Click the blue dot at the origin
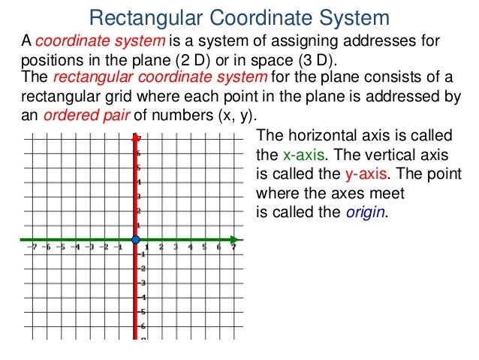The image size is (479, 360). [135, 240]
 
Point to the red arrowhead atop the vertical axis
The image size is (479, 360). [136, 138]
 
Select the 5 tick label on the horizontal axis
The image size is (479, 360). [205, 247]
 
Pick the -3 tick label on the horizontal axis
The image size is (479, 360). [89, 247]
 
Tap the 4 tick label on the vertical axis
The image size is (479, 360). [140, 183]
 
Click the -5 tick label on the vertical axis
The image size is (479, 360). [142, 311]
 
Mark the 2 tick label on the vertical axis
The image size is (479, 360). [140, 211]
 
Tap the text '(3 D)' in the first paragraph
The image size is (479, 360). [318, 59]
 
